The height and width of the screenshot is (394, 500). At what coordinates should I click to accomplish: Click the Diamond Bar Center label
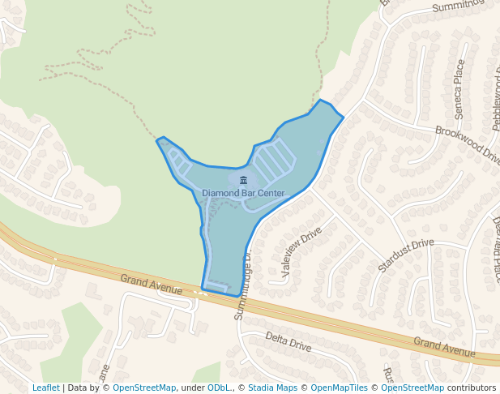point(243,194)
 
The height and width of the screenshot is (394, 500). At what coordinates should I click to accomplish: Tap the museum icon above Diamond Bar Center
point(243,180)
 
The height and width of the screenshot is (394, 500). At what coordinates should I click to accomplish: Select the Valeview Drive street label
point(301,251)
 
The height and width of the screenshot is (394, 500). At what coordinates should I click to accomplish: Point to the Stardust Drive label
point(406,255)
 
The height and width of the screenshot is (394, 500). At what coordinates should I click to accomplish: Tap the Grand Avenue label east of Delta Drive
point(444,347)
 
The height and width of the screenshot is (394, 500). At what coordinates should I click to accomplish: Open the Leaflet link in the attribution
point(45,388)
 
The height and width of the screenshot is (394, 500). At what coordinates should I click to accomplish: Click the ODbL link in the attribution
point(219,388)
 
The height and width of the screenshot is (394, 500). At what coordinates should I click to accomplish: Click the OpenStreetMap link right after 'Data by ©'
point(144,388)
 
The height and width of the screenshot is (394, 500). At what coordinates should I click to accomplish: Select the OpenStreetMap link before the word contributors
point(412,388)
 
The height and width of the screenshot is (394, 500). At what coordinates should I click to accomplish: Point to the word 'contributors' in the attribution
point(472,388)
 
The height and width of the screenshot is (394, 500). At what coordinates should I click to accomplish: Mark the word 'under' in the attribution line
point(192,388)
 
